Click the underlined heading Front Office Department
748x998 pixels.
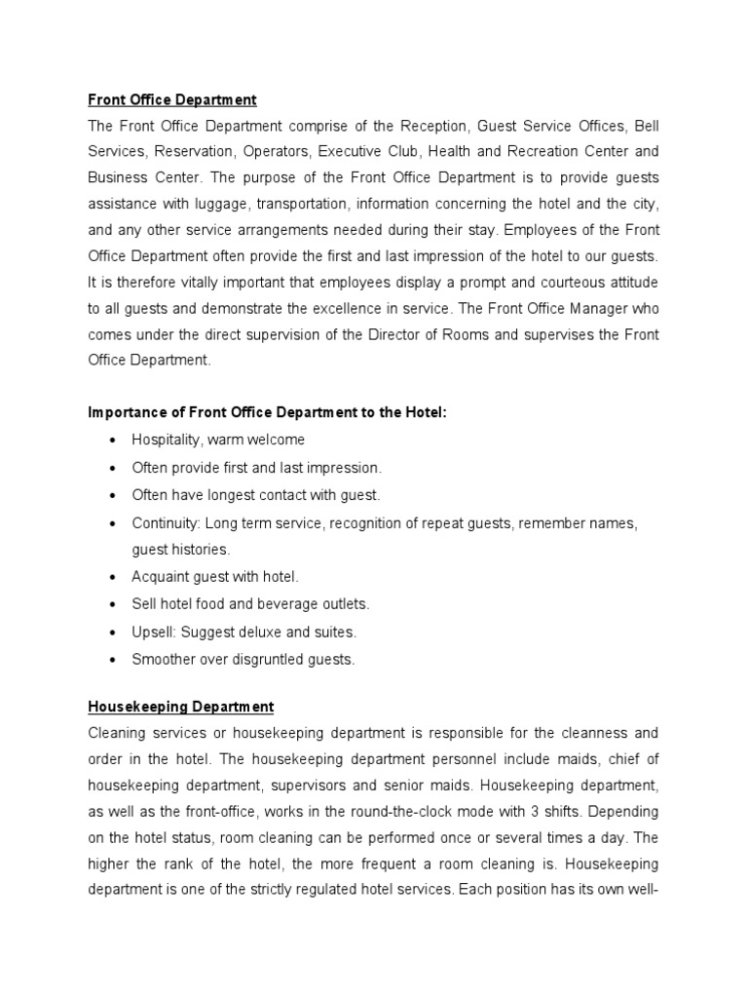coord(172,99)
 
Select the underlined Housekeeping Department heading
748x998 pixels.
coord(180,707)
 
